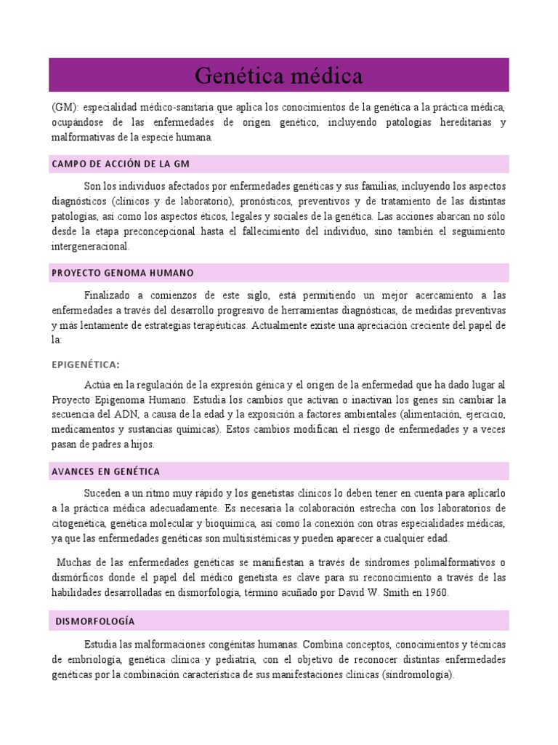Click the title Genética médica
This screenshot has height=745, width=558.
[279, 76]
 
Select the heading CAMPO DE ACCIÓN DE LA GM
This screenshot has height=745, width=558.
[121, 164]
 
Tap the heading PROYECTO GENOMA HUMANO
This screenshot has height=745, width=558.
[123, 273]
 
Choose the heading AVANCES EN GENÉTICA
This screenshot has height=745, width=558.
[106, 471]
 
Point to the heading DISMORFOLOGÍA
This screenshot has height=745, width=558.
[95, 621]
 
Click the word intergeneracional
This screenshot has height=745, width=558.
[90, 247]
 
